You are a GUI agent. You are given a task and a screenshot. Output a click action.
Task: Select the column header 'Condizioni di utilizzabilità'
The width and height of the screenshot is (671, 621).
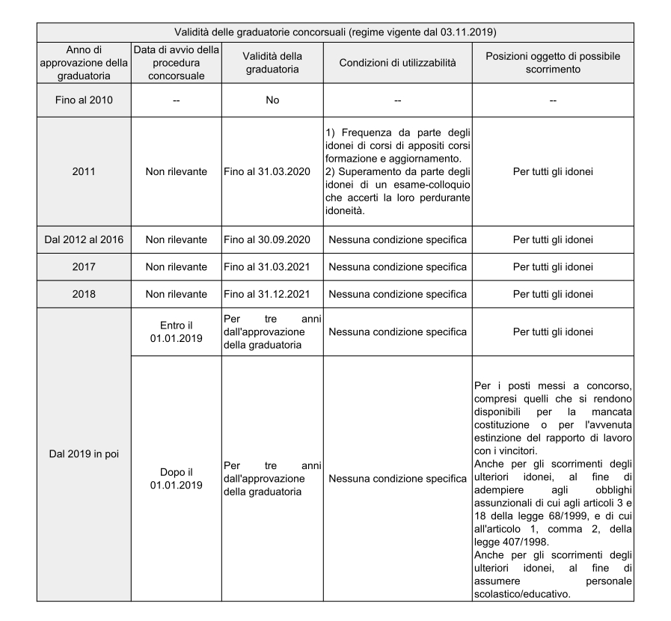(x=397, y=63)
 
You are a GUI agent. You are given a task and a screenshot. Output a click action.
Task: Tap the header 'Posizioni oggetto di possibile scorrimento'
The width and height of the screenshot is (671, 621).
(x=554, y=63)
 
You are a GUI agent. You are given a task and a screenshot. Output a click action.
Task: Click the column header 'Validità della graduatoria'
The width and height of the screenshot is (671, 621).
(x=272, y=63)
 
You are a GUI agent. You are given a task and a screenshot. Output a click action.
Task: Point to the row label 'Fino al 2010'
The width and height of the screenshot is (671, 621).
(x=83, y=100)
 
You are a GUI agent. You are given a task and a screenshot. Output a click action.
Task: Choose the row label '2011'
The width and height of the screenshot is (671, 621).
(x=83, y=171)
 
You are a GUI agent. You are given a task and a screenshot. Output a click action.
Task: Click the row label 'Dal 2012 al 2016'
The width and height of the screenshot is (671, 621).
(x=83, y=239)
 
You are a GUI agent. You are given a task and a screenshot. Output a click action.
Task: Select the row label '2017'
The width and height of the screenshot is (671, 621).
(x=83, y=266)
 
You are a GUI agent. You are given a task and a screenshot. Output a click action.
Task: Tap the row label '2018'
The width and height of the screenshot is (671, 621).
(x=83, y=293)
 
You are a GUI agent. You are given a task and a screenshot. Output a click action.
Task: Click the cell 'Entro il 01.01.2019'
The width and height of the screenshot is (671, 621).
(x=176, y=331)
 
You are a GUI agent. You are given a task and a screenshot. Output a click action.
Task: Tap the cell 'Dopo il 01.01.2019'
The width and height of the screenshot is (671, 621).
(x=176, y=478)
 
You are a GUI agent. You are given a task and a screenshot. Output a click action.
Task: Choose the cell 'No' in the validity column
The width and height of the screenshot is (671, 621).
(x=272, y=100)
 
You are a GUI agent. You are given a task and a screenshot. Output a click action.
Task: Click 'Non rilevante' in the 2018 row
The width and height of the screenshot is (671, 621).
(x=176, y=293)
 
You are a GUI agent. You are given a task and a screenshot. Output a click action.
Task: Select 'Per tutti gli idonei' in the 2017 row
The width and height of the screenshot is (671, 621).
(x=554, y=266)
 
